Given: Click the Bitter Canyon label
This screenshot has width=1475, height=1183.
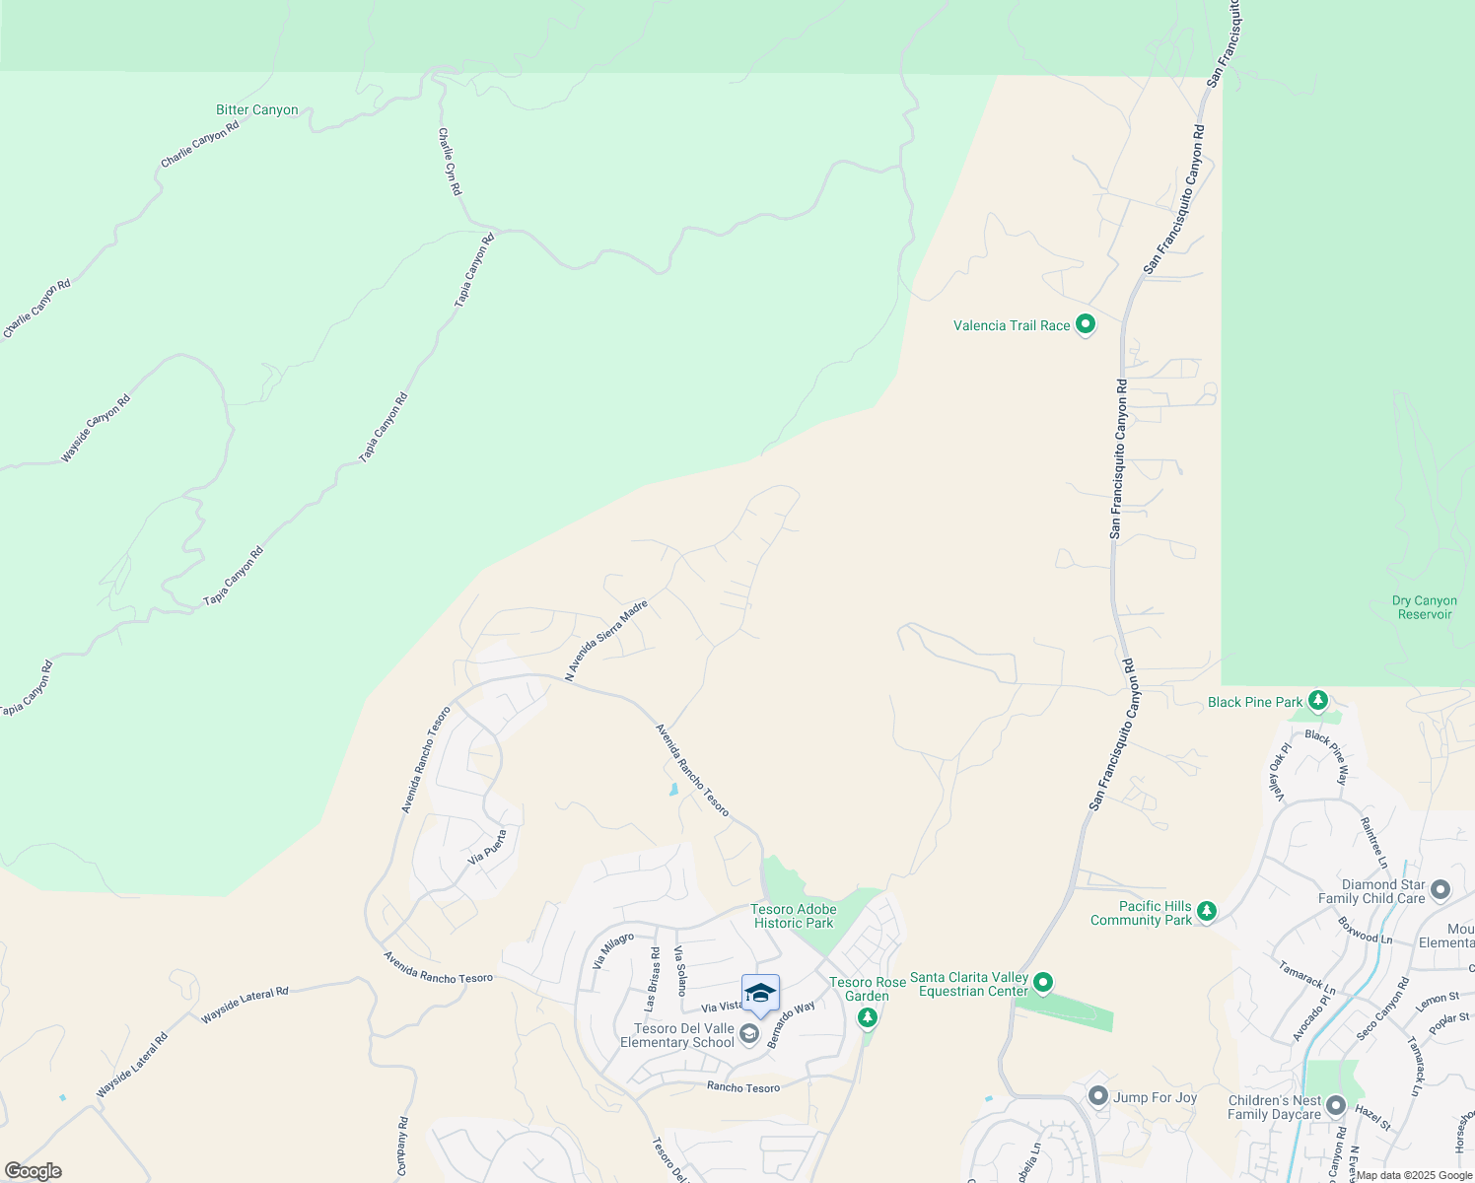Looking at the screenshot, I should pyautogui.click(x=256, y=110).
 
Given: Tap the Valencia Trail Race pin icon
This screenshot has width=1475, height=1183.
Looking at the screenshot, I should pyautogui.click(x=1086, y=323).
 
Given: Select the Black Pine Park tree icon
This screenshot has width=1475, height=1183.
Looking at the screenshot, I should pyautogui.click(x=1318, y=701).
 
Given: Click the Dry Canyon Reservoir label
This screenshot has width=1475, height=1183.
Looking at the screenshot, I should pyautogui.click(x=1424, y=607).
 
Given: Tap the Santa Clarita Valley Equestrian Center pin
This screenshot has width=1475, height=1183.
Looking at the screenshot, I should pyautogui.click(x=1044, y=982).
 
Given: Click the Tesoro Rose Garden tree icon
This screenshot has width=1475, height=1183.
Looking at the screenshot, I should pyautogui.click(x=868, y=1016).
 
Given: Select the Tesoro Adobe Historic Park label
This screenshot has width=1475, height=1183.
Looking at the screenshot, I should pyautogui.click(x=794, y=917).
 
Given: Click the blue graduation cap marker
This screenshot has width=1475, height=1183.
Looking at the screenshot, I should pyautogui.click(x=760, y=993).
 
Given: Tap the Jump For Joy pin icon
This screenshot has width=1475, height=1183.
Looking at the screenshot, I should pyautogui.click(x=1098, y=1095).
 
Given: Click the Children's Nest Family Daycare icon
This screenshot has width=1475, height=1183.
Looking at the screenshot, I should pyautogui.click(x=1336, y=1105).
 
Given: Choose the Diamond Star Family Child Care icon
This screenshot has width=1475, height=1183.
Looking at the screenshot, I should pyautogui.click(x=1440, y=890).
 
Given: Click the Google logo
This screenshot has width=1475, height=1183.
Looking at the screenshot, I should pyautogui.click(x=33, y=1171).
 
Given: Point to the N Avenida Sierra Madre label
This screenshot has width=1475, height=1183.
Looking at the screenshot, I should pyautogui.click(x=606, y=640).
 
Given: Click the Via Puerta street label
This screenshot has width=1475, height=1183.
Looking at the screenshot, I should pyautogui.click(x=488, y=847).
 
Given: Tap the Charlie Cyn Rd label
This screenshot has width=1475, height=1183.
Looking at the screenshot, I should pyautogui.click(x=450, y=162).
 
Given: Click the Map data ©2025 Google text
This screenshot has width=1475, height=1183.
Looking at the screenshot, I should pyautogui.click(x=1414, y=1175).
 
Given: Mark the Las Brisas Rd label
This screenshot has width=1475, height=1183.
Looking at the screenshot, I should pyautogui.click(x=651, y=979).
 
